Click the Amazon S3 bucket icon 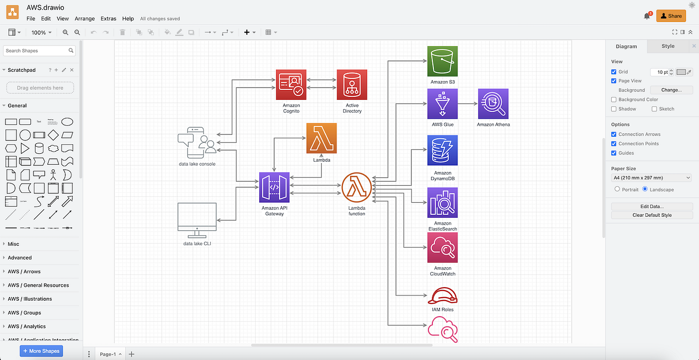point(442,61)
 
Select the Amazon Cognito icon point(291,85)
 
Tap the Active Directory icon point(352,85)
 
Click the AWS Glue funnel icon point(442,104)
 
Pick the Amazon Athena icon point(493,104)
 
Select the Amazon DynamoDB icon point(442,150)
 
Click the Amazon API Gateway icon point(274,188)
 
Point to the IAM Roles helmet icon point(442,296)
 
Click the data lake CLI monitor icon point(197,220)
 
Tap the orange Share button point(671,16)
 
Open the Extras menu point(108,18)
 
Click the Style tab point(668,46)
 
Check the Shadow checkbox point(614,109)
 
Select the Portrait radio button point(618,189)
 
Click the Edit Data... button point(652,206)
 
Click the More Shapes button point(41,351)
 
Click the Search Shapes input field point(36,50)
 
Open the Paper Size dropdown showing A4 point(652,178)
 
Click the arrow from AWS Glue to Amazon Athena point(467,104)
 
